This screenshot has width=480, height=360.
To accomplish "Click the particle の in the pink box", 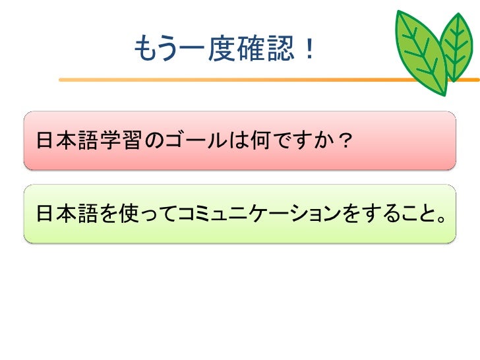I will tap(152, 140).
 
